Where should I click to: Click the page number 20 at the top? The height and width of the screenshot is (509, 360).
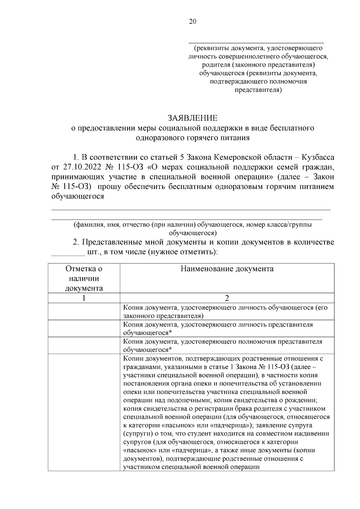[x=193, y=21]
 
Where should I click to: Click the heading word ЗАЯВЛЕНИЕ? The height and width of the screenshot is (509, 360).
[x=193, y=118]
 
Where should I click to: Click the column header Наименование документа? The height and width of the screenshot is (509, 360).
[x=227, y=268]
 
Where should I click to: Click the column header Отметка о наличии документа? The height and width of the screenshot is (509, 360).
[x=84, y=278]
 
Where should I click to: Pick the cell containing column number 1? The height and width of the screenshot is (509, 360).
[x=84, y=298]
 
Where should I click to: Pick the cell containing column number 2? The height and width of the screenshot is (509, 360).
[x=227, y=298]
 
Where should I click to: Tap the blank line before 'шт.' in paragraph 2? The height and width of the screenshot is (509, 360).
[x=69, y=254]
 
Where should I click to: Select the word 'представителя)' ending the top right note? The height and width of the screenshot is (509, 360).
[x=258, y=90]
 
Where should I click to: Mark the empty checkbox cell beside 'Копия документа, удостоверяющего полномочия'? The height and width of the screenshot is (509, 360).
[x=84, y=346]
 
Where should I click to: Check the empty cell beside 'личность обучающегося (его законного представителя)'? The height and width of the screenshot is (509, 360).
[x=84, y=312]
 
